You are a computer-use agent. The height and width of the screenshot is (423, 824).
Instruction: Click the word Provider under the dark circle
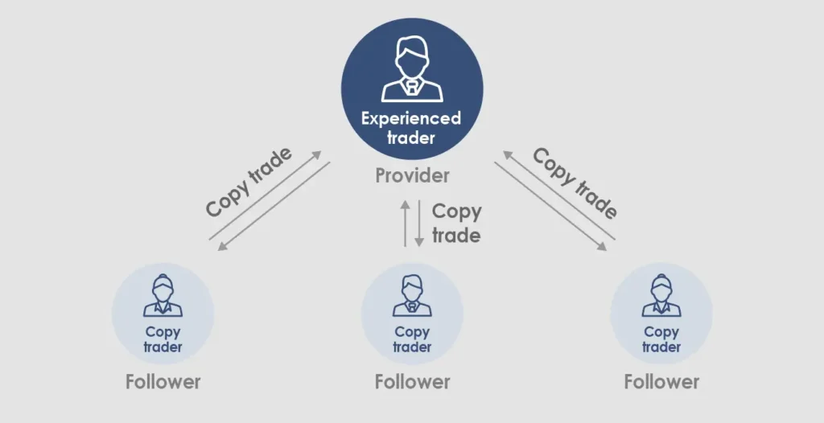[x=412, y=175]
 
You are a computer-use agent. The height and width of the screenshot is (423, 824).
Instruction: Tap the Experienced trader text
[x=411, y=128]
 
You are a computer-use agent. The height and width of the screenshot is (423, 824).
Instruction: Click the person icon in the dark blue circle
[x=411, y=70]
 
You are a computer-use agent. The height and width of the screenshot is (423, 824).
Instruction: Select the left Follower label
[x=163, y=381]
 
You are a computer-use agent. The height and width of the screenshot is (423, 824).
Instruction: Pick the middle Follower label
[x=412, y=381]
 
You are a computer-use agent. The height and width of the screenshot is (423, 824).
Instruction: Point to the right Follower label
[x=661, y=381]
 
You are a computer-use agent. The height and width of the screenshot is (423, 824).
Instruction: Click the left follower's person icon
[x=163, y=296]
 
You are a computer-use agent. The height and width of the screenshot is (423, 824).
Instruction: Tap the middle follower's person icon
[x=412, y=296]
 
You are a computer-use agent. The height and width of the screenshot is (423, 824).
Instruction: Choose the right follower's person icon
[x=661, y=296]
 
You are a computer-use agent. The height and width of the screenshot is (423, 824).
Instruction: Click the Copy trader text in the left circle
[x=163, y=339]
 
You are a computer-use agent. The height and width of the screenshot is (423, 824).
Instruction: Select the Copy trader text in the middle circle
[x=412, y=339]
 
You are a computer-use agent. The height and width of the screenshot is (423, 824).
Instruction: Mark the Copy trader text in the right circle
[x=661, y=339]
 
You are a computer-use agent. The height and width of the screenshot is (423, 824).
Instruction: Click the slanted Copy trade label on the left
[x=249, y=182]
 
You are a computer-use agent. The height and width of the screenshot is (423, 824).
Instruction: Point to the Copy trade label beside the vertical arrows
[x=456, y=224]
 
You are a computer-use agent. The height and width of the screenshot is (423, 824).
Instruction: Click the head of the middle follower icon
[x=412, y=285]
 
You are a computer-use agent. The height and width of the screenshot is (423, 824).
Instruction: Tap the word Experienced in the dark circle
[x=411, y=119]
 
